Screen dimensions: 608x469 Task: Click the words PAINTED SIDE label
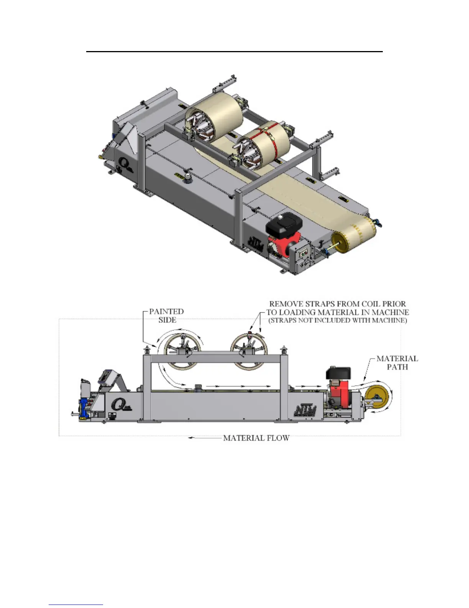pyautogui.click(x=166, y=316)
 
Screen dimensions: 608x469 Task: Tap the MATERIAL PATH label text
pyautogui.click(x=397, y=363)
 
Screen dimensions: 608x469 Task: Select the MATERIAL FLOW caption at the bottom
pyautogui.click(x=256, y=438)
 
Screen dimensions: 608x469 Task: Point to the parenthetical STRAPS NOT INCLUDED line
pyautogui.click(x=338, y=321)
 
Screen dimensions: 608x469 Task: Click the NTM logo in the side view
pyautogui.click(x=305, y=410)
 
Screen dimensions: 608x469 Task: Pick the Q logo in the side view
pyautogui.click(x=120, y=405)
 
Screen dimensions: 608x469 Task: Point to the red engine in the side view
pyautogui.click(x=338, y=393)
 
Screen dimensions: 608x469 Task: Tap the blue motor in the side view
pyautogui.click(x=84, y=408)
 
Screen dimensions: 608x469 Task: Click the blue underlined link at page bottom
pyautogui.click(x=76, y=605)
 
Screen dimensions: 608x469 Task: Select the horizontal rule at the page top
pyautogui.click(x=235, y=51)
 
